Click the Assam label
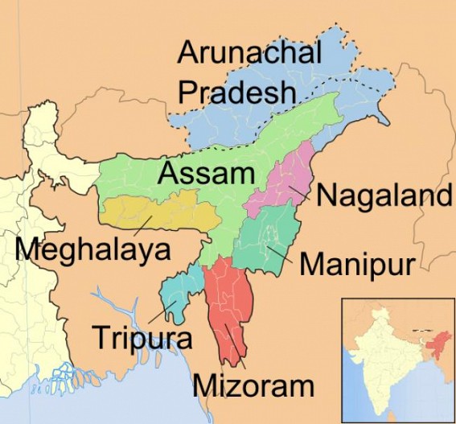coord(206,172)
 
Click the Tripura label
coord(142,336)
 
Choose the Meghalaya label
coord(93,249)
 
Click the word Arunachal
coord(249,53)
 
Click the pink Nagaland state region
coord(281,181)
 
